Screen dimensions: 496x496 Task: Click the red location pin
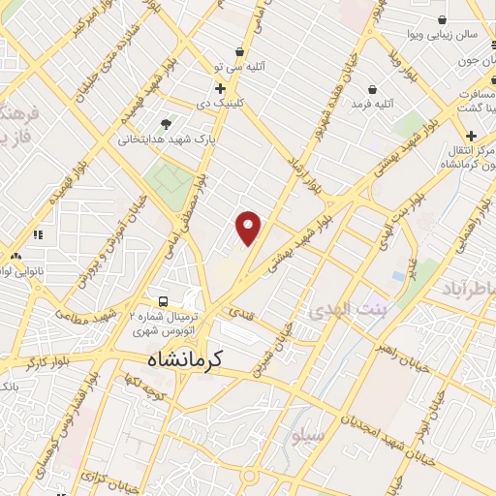(x=249, y=227)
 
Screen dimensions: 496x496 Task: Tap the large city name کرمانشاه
(x=185, y=358)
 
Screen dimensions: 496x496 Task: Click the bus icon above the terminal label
(x=164, y=301)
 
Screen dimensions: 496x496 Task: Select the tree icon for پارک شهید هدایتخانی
(x=167, y=124)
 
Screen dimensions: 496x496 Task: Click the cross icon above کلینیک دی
(x=221, y=89)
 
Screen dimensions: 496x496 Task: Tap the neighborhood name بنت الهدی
(x=346, y=311)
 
